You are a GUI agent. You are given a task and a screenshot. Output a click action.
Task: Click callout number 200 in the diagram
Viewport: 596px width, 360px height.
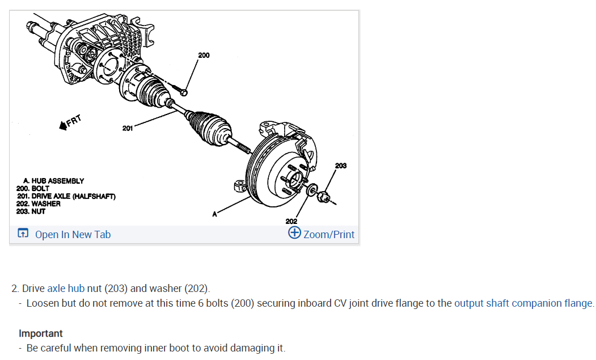point(204,55)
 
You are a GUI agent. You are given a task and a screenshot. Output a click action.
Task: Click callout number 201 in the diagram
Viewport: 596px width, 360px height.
point(127,128)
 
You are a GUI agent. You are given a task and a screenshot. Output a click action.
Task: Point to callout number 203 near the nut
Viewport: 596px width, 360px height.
point(341,166)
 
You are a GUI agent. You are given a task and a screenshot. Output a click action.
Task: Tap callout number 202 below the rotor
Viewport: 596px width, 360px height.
point(291,221)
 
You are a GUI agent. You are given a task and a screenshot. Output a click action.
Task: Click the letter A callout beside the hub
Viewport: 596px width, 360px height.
point(214,214)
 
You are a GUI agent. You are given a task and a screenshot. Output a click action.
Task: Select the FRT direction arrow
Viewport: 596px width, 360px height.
point(71,122)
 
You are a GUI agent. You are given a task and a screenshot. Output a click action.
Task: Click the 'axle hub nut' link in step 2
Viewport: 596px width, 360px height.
point(65,289)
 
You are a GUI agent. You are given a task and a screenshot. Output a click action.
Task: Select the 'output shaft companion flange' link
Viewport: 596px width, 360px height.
point(523,303)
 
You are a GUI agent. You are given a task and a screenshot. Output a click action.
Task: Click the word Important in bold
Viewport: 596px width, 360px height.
point(41,333)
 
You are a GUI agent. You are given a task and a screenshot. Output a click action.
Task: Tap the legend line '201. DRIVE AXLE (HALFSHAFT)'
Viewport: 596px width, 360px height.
point(66,196)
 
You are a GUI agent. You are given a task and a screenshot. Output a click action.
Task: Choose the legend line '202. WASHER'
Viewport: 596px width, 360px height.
point(39,204)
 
